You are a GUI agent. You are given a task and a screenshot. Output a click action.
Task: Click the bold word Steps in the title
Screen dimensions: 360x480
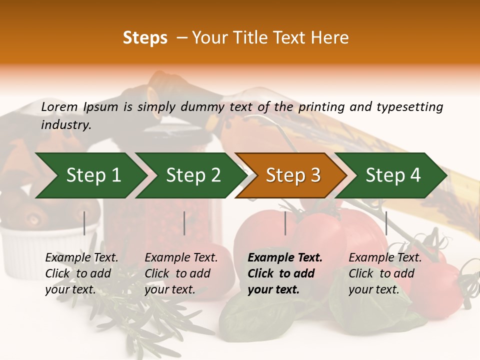(x=145, y=38)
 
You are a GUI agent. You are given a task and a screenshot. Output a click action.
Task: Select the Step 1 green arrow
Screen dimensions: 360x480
(x=90, y=175)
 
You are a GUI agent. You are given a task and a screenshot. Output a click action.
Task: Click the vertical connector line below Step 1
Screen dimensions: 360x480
(x=84, y=223)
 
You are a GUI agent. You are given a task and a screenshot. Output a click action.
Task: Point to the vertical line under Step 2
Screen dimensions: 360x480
(x=184, y=223)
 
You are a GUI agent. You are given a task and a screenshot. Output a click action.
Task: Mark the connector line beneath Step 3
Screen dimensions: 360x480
(x=285, y=223)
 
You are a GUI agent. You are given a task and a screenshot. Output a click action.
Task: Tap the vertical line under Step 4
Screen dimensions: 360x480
(x=386, y=223)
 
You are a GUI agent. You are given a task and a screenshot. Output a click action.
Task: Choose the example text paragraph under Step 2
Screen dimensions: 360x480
(x=180, y=273)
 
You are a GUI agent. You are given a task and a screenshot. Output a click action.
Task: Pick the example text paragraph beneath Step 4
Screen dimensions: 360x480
(x=384, y=273)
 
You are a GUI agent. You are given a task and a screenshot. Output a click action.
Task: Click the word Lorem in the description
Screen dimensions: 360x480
(x=59, y=106)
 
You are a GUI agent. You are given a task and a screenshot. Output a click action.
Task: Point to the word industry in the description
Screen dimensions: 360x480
(x=65, y=125)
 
